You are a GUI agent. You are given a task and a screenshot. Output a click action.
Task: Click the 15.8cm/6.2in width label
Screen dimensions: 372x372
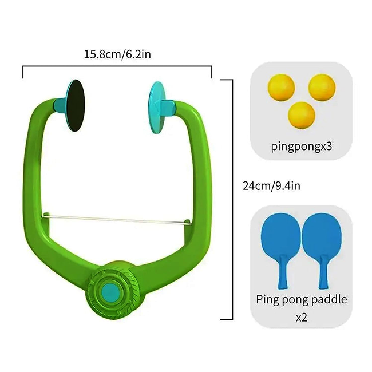117,55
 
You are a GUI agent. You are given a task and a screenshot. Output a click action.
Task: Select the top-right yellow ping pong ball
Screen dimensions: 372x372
321,87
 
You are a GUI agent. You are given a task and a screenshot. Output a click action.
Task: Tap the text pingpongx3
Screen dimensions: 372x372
302,147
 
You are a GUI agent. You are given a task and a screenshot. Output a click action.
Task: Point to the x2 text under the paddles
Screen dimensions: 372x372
301,316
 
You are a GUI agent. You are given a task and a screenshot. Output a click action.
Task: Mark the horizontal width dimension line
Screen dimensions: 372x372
117,66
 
